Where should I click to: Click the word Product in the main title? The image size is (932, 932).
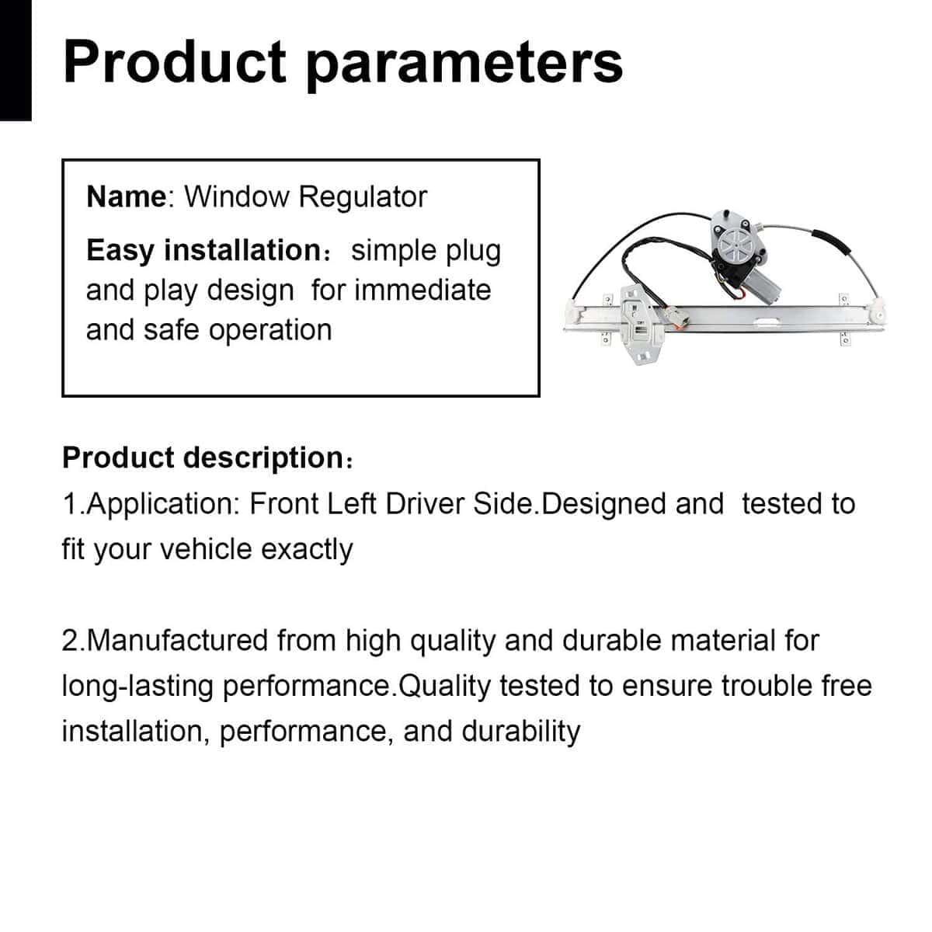point(175,63)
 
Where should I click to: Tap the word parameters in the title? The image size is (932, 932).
point(464,68)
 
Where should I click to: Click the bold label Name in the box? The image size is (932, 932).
point(127,196)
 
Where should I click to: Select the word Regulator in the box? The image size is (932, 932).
point(363,198)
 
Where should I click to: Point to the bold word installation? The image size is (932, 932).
point(242,250)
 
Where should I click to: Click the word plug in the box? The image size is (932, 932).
point(474,252)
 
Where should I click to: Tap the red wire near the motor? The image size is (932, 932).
point(739,293)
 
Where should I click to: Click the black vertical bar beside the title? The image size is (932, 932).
point(16,60)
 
